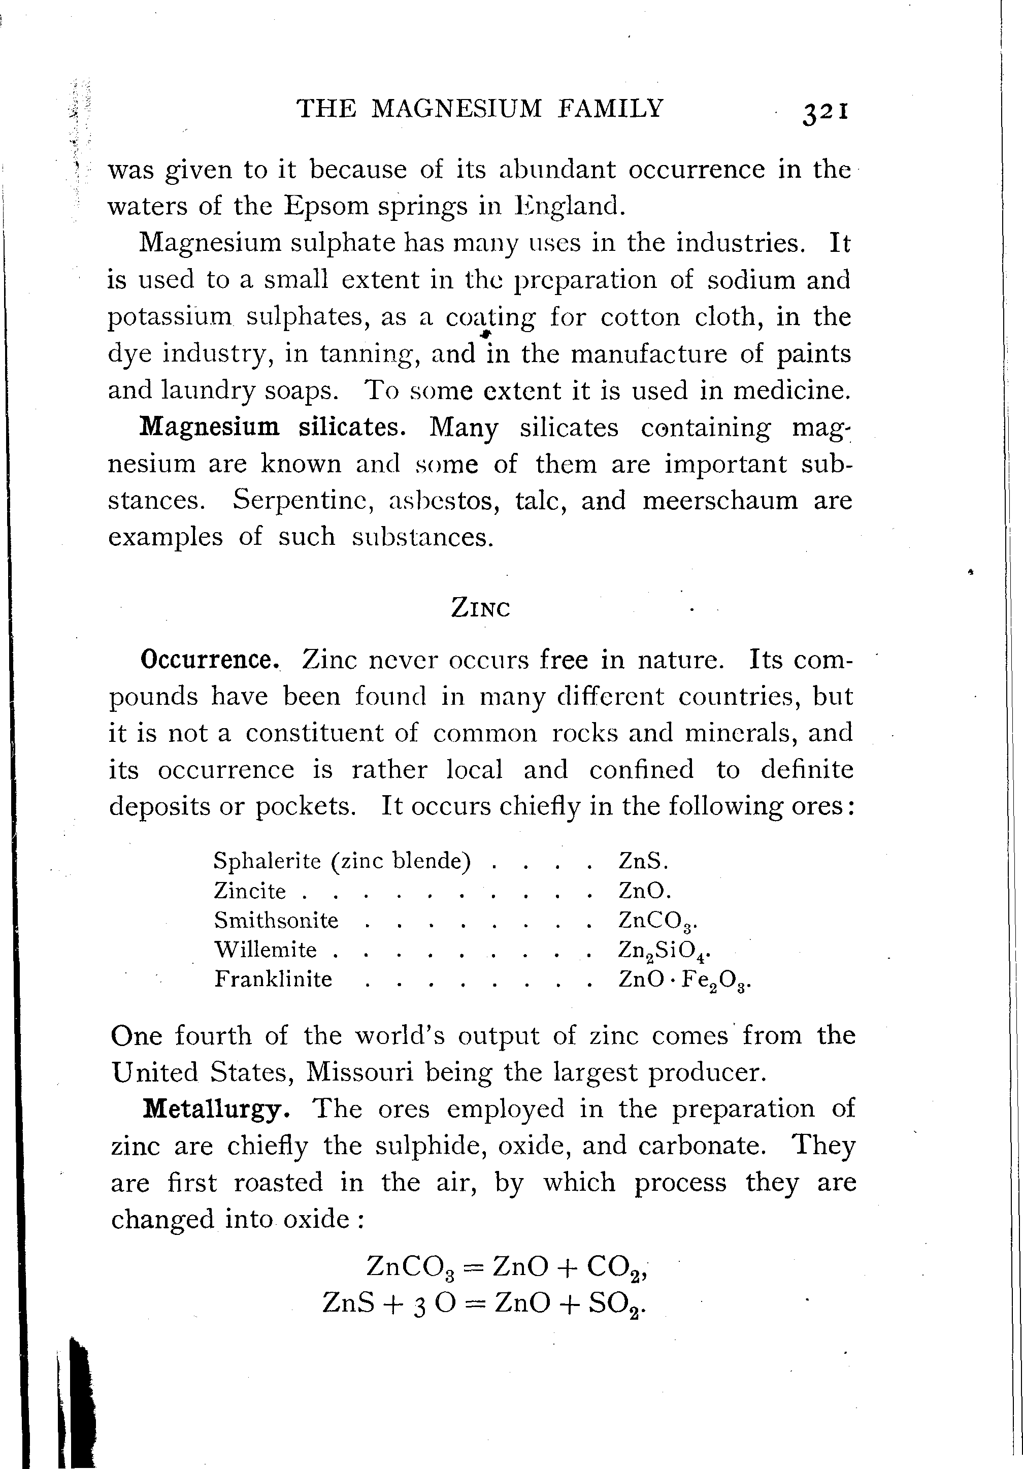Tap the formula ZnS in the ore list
pos(642,861)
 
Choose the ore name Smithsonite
pos(276,920)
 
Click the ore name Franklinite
pos(273,979)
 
